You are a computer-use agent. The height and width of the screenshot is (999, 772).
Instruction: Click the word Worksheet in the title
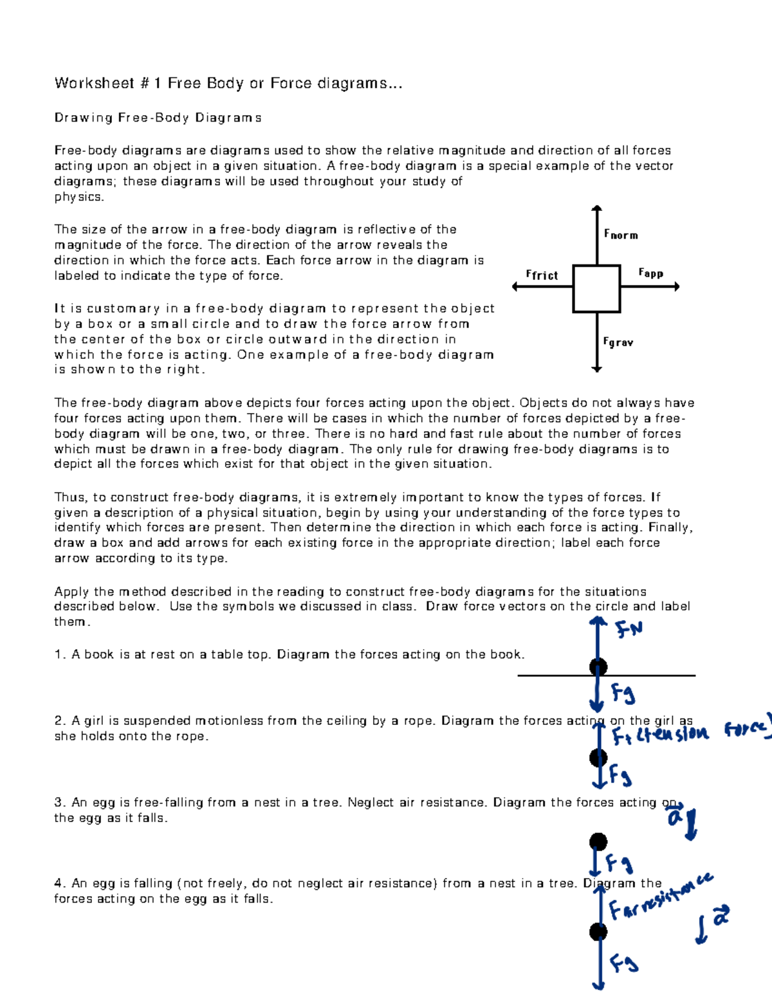point(94,83)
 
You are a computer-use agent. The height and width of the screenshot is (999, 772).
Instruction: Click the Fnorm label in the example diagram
point(621,235)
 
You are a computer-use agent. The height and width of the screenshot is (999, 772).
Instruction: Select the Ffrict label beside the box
point(542,275)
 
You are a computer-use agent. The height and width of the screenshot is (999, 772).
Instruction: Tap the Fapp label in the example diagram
point(650,273)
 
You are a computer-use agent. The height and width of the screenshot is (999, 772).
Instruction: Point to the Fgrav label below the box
point(618,342)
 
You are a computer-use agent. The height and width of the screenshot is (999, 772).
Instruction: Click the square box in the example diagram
point(596,288)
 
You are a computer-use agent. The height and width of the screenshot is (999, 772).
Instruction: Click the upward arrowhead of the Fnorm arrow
point(597,208)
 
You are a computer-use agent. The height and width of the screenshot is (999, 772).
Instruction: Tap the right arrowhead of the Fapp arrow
point(676,287)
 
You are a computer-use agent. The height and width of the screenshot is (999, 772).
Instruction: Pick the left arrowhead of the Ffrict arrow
point(515,287)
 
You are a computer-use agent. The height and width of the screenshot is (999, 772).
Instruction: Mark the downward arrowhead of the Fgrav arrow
point(597,369)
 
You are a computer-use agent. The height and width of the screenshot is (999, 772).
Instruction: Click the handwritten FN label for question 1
point(629,628)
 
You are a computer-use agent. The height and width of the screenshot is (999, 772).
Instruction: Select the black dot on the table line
point(598,667)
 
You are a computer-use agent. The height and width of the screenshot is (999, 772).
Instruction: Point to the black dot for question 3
point(598,841)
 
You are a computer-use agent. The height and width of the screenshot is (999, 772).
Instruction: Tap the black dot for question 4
point(598,931)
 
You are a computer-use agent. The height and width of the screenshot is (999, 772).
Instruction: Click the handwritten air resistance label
point(659,897)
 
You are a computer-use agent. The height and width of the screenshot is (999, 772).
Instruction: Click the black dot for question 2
point(598,758)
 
